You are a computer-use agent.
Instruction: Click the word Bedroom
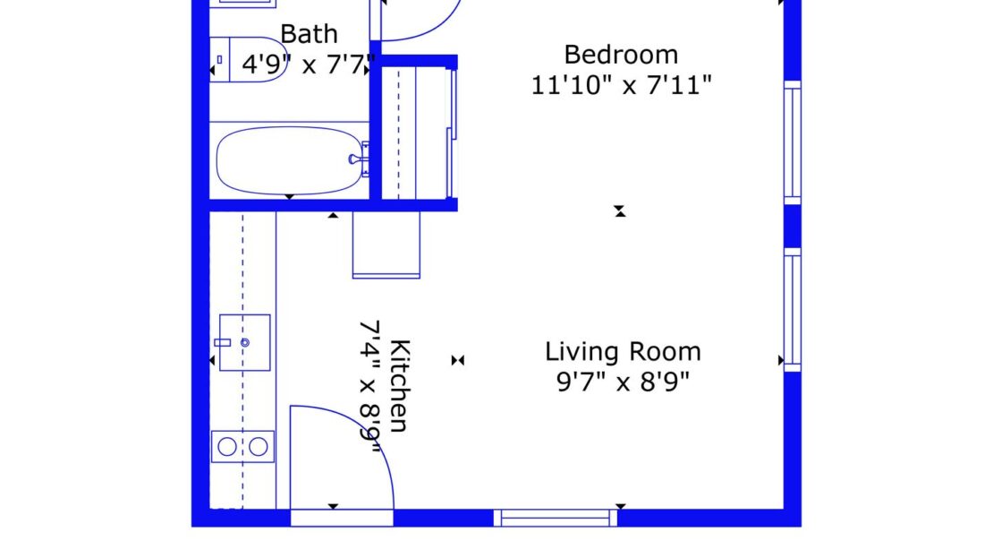[x=620, y=55]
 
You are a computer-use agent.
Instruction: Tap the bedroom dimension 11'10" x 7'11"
[x=622, y=87]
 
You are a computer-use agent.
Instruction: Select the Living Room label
[x=623, y=351]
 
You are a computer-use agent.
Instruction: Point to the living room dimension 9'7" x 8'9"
[x=623, y=383]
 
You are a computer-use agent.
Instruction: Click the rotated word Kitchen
[x=400, y=385]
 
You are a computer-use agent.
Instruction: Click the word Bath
[x=309, y=35]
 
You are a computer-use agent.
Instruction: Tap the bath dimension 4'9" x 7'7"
[x=309, y=65]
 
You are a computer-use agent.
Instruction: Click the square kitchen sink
[x=244, y=342]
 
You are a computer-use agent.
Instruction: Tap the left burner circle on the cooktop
[x=228, y=446]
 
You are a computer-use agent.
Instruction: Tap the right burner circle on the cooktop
[x=259, y=446]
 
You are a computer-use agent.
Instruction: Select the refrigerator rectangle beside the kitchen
[x=386, y=245]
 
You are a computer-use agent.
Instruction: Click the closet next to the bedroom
[x=416, y=133]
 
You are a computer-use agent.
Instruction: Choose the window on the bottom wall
[x=556, y=518]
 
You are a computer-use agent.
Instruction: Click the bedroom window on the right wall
[x=792, y=143]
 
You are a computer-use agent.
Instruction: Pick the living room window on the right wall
[x=792, y=310]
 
